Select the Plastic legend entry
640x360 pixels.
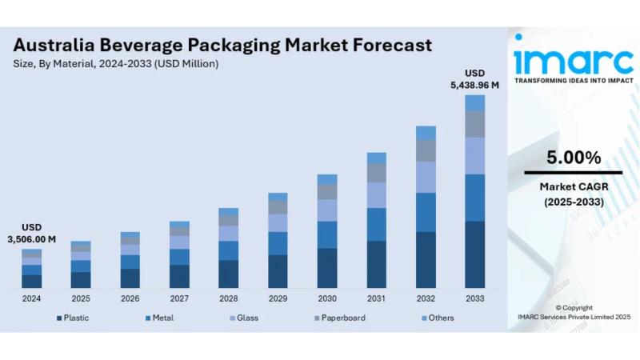[76, 318]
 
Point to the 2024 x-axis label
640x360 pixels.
[31, 298]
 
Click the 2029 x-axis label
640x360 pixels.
[278, 298]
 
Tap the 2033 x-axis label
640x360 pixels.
[474, 298]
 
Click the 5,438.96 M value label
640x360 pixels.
[474, 85]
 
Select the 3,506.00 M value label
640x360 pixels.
[31, 239]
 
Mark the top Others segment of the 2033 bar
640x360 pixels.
[474, 102]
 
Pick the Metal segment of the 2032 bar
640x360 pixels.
[426, 212]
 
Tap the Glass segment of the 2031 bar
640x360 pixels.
[376, 194]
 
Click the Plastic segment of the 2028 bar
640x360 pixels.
[228, 274]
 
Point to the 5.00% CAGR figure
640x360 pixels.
[573, 158]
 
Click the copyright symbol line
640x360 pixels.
[573, 307]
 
